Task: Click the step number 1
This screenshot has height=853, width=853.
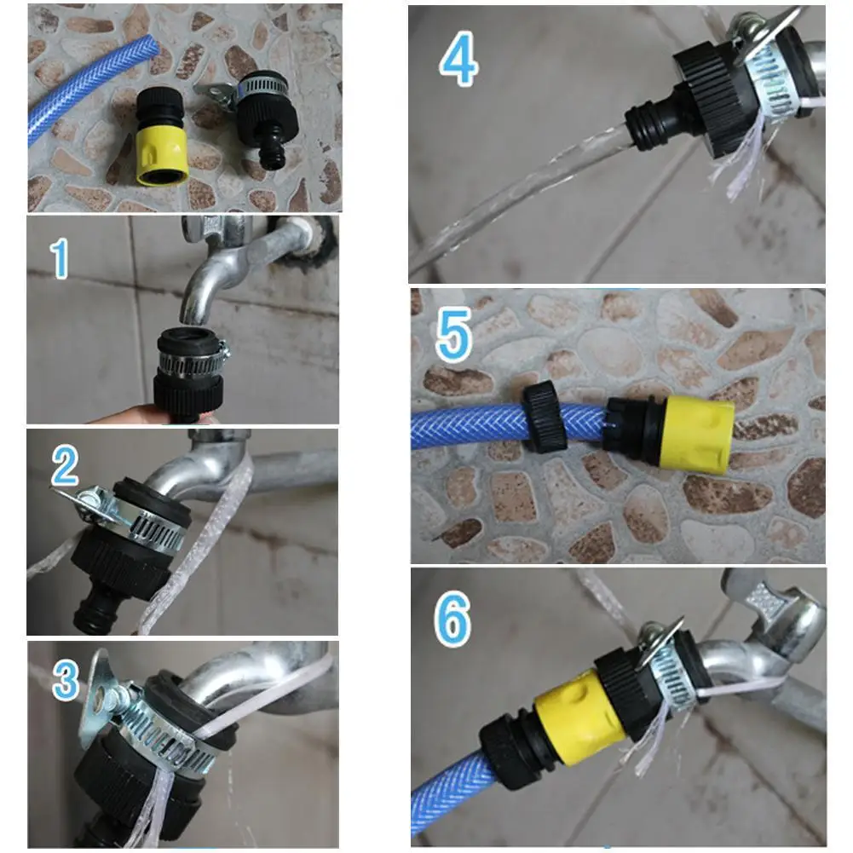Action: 59,260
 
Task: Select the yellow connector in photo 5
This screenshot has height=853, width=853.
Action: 695,432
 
